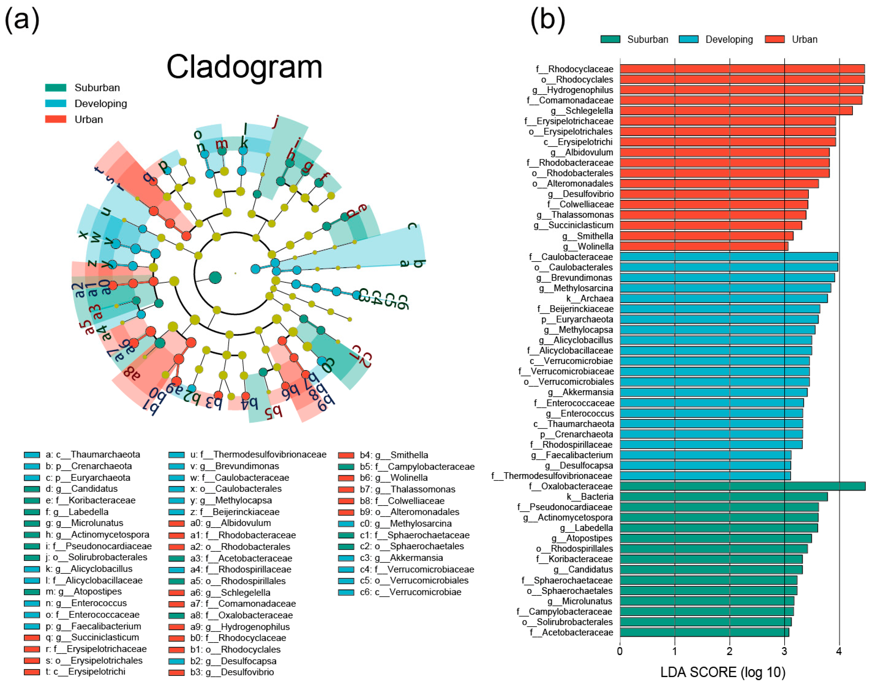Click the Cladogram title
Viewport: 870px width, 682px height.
point(244,67)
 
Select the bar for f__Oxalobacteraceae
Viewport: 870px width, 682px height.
point(742,486)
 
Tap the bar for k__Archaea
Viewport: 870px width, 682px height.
point(723,298)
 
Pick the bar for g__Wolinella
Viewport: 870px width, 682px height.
point(703,246)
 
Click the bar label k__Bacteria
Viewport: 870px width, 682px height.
point(590,496)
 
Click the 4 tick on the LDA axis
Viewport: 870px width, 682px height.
point(839,651)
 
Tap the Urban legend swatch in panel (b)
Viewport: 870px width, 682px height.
point(774,39)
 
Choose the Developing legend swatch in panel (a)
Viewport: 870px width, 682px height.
point(56,103)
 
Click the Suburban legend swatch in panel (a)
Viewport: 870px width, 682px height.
point(56,87)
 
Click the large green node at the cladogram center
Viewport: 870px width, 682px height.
point(215,277)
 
